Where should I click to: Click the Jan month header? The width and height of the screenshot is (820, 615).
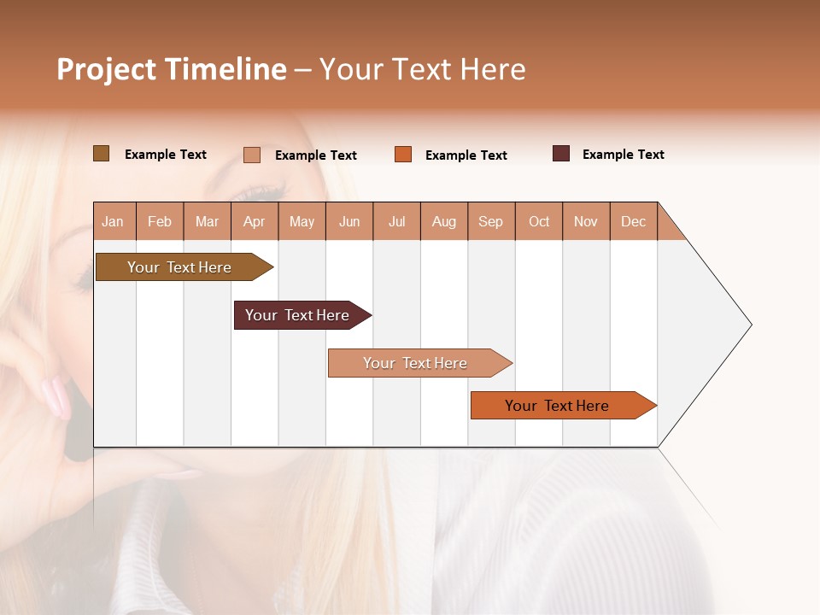click(113, 222)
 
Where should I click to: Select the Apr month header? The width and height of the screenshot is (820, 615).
click(255, 222)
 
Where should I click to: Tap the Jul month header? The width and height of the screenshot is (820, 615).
click(396, 222)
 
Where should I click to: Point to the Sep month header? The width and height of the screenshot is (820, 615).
click(490, 222)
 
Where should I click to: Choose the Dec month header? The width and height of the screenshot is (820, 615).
click(633, 222)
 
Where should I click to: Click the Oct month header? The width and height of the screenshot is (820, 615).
click(539, 222)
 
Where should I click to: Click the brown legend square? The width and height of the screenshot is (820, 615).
click(101, 154)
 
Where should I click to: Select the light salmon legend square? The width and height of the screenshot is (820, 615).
click(251, 155)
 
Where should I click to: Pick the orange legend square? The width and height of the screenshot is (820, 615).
click(403, 155)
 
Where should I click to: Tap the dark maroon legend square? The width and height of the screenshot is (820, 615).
click(561, 154)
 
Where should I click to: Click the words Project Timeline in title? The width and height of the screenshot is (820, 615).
click(171, 69)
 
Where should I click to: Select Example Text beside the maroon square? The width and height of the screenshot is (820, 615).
click(623, 155)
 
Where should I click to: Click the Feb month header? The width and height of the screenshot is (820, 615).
click(160, 222)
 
